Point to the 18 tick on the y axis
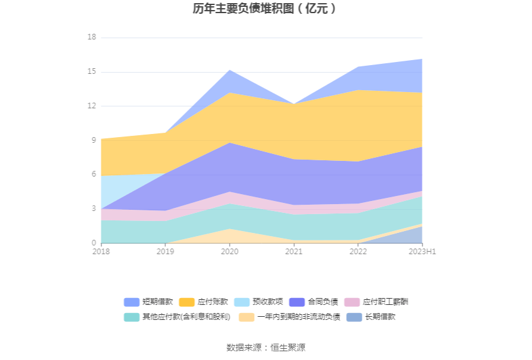[91, 38]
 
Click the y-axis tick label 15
[91, 72]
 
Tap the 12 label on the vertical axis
[91, 106]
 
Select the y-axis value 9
[93, 140]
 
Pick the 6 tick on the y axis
[93, 175]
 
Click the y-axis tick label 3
[93, 208]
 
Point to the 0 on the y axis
[93, 243]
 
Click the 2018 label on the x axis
[101, 252]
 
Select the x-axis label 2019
[165, 252]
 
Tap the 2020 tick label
[230, 252]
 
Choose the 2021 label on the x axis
[294, 252]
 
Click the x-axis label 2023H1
[422, 252]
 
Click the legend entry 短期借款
[148, 302]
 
